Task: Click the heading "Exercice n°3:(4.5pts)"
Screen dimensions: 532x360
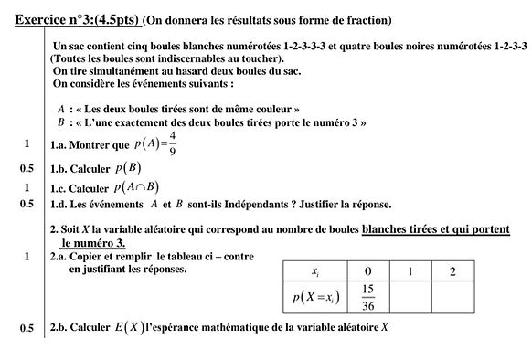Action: pos(78,19)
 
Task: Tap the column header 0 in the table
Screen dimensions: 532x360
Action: pos(368,271)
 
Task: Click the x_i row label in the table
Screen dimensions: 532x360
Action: pos(315,271)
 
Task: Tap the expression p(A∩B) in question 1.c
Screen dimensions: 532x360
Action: pos(137,187)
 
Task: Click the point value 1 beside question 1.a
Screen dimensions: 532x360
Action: pos(27,144)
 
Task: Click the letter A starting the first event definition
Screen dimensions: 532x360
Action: pos(60,108)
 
